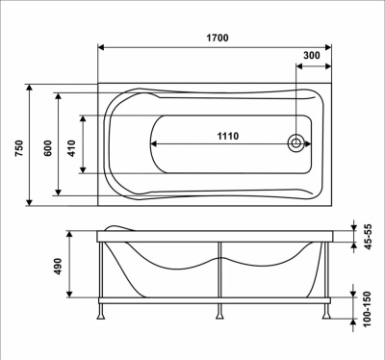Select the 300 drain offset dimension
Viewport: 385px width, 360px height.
312,57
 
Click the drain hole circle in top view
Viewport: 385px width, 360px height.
296,144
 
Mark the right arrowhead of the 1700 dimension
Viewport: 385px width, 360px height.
334,49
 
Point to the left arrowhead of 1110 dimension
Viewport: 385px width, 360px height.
154,144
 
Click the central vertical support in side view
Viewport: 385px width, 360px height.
218,274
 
